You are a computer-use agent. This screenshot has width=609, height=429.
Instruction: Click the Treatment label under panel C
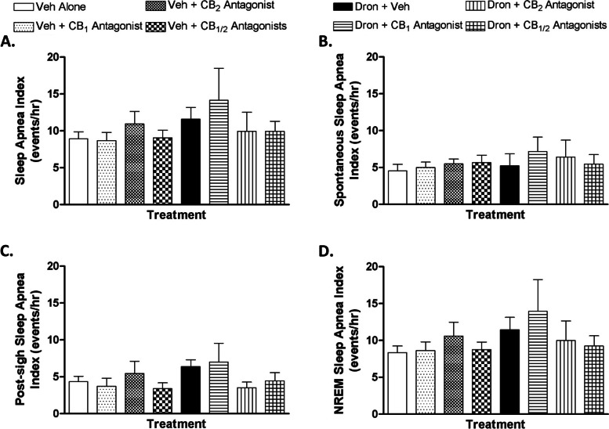tap(180, 422)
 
